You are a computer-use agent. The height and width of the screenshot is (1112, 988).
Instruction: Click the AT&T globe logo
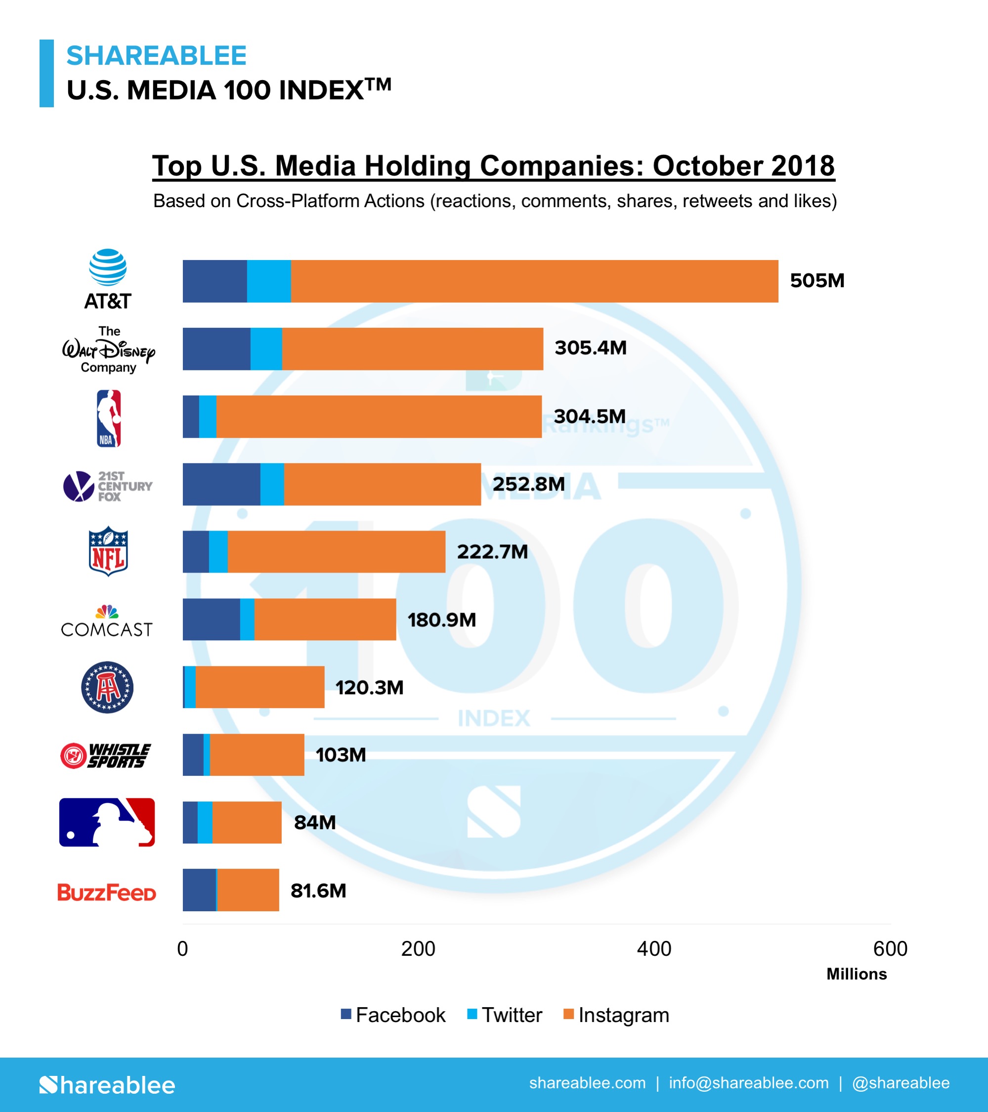point(108,267)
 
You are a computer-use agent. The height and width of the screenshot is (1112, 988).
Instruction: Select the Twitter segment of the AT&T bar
point(268,281)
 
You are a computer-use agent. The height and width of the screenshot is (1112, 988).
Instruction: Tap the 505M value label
point(816,281)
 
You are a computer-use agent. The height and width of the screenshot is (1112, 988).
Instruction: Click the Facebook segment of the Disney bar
point(216,349)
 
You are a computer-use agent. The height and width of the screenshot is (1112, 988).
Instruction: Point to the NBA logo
point(108,418)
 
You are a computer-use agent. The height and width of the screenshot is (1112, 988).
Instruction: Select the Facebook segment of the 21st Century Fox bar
point(221,484)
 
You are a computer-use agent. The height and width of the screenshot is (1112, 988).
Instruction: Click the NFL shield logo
point(108,551)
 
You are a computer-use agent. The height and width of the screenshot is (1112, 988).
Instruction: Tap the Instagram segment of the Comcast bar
point(325,620)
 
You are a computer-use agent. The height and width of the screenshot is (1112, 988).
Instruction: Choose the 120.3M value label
point(369,688)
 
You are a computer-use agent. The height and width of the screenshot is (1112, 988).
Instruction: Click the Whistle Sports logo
point(105,756)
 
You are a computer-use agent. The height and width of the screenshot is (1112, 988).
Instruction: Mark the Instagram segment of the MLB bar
point(247,823)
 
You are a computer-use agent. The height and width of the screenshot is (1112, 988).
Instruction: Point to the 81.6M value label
point(318,891)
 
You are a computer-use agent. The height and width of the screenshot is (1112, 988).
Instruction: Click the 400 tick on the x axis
point(653,949)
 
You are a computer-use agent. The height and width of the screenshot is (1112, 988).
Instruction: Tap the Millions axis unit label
point(857,975)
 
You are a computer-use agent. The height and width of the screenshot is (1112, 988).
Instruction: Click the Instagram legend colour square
point(568,1014)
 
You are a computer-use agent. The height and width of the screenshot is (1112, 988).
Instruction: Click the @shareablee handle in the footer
point(901,1083)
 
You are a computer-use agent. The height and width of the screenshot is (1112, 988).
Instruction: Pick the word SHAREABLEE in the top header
point(157,55)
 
